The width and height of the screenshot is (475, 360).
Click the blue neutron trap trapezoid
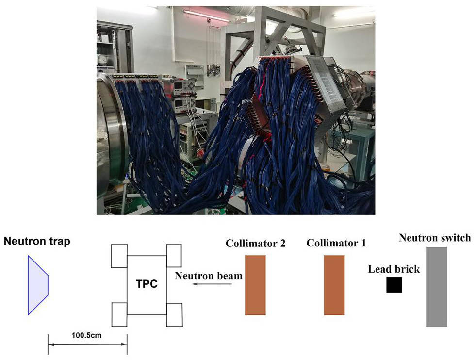(38, 285)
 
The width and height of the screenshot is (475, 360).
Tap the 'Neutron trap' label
(37, 241)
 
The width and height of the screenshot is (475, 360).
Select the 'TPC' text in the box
(147, 284)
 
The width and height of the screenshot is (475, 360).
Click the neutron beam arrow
(213, 284)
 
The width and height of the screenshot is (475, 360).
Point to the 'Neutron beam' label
(209, 276)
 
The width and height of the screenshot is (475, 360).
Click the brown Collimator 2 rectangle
(255, 285)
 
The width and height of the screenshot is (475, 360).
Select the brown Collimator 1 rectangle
(334, 285)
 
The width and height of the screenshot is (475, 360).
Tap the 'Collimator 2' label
(255, 244)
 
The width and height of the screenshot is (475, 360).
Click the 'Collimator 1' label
(336, 243)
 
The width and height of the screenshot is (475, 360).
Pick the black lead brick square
(394, 284)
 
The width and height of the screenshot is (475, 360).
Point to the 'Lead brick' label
(394, 269)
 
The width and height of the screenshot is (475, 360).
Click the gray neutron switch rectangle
(437, 287)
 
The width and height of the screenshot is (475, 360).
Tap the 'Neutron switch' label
(435, 238)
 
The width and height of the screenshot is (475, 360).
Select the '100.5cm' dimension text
(86, 335)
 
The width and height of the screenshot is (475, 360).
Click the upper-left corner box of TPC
(119, 256)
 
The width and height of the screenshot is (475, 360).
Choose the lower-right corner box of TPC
(175, 315)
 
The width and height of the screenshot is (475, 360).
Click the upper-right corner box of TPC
(174, 256)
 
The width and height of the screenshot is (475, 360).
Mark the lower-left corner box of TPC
(119, 315)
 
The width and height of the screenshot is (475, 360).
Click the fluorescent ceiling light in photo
(206, 16)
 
